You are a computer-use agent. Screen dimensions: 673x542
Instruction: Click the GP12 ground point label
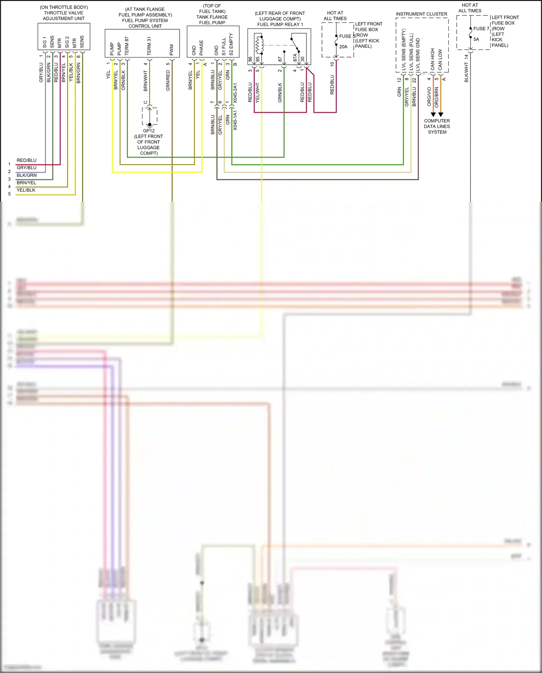(x=149, y=131)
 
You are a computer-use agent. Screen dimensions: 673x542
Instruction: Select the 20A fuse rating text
(x=343, y=47)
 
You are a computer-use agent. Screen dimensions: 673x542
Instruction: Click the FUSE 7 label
(x=481, y=29)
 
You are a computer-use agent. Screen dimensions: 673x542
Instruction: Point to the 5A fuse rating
(x=476, y=39)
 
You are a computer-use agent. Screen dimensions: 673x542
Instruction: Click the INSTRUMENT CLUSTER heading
(x=421, y=14)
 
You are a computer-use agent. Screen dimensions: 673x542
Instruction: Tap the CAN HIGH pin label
(x=433, y=59)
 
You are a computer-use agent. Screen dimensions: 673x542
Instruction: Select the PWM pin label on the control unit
(x=172, y=50)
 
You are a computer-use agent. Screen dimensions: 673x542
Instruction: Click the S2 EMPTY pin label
(x=231, y=44)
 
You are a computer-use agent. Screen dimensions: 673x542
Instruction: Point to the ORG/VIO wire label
(x=429, y=97)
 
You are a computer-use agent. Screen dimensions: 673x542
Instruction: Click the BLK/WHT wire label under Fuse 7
(x=466, y=73)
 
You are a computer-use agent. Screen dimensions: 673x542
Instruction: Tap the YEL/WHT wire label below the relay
(x=258, y=93)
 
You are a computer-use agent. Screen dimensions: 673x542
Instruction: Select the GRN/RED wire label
(x=168, y=81)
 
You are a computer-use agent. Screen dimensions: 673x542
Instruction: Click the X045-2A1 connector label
(x=235, y=93)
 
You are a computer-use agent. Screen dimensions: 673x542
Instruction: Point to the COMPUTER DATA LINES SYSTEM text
(x=437, y=127)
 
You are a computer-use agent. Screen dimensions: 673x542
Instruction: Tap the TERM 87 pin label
(x=127, y=46)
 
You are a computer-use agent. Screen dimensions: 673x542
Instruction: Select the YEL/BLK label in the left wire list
(x=26, y=190)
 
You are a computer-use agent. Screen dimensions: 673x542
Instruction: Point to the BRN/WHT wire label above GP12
(x=146, y=81)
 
